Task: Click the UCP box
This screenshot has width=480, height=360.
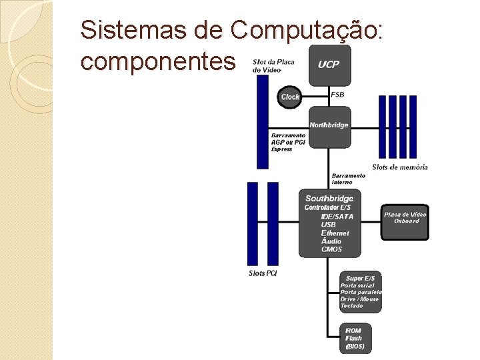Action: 329,65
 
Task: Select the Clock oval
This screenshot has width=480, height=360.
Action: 290,97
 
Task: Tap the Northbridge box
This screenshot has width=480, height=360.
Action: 329,124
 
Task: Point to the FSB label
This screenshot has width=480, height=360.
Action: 337,95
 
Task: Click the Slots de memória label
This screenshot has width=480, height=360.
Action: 400,167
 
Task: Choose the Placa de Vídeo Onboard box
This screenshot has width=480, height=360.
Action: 405,221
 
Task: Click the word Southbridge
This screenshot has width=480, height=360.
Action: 329,199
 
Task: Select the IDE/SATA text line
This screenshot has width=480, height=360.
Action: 337,217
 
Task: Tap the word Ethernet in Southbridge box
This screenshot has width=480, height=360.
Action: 335,233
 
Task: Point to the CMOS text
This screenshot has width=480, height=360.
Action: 331,249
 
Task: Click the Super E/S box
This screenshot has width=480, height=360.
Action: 360,291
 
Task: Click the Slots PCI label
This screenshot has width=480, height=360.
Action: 263,273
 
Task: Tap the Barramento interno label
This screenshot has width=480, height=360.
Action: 348,179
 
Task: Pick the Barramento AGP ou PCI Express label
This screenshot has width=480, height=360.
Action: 288,142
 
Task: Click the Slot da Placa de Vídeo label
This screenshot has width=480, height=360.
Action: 273,66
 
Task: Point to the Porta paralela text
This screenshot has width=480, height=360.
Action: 361,292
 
